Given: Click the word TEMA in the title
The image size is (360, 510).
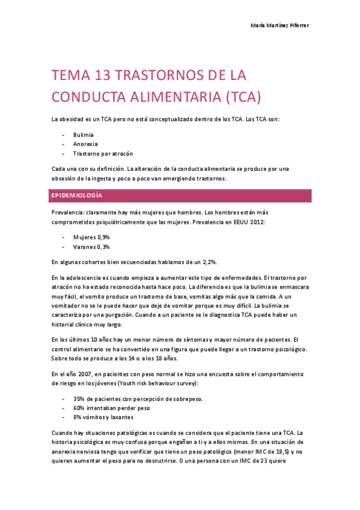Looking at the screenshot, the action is coord(68,76).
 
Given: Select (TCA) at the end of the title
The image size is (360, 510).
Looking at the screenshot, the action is coord(239,97).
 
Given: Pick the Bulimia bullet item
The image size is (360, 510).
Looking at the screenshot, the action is coord(84,135).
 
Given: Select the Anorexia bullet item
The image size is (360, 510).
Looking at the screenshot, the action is coord(85,144).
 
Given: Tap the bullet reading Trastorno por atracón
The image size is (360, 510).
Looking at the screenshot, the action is coord(103,154).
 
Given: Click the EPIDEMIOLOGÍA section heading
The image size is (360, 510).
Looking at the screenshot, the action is coord(78,196).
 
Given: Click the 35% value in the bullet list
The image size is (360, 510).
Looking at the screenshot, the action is coord(79,399).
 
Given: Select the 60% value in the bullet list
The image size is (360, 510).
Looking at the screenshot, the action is coord(79,408).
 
